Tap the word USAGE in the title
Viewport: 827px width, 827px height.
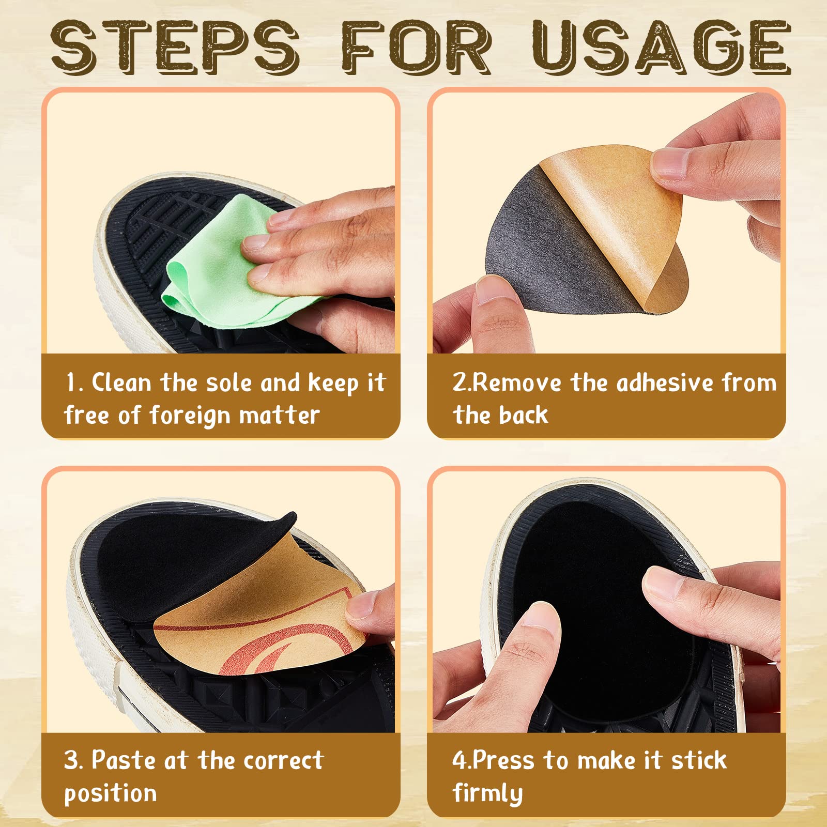[662, 48]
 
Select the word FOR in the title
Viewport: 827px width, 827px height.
[416, 48]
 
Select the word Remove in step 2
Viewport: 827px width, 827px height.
[517, 383]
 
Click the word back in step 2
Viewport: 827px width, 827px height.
[523, 415]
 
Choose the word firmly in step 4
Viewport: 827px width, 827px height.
[487, 793]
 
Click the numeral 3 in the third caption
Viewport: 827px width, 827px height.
[71, 760]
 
